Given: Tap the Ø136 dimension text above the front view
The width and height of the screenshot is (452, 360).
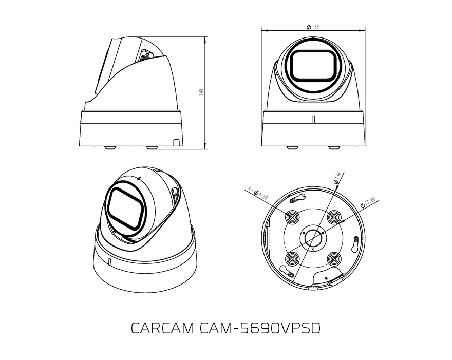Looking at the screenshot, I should click(313, 27).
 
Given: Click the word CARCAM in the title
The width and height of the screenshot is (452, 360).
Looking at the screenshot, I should click(162, 328).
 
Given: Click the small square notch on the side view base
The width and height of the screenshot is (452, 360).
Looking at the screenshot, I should click(176, 142).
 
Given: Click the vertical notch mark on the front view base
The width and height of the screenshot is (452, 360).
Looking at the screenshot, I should click(313, 119).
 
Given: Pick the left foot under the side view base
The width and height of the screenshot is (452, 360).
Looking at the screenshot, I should click(109, 148).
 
